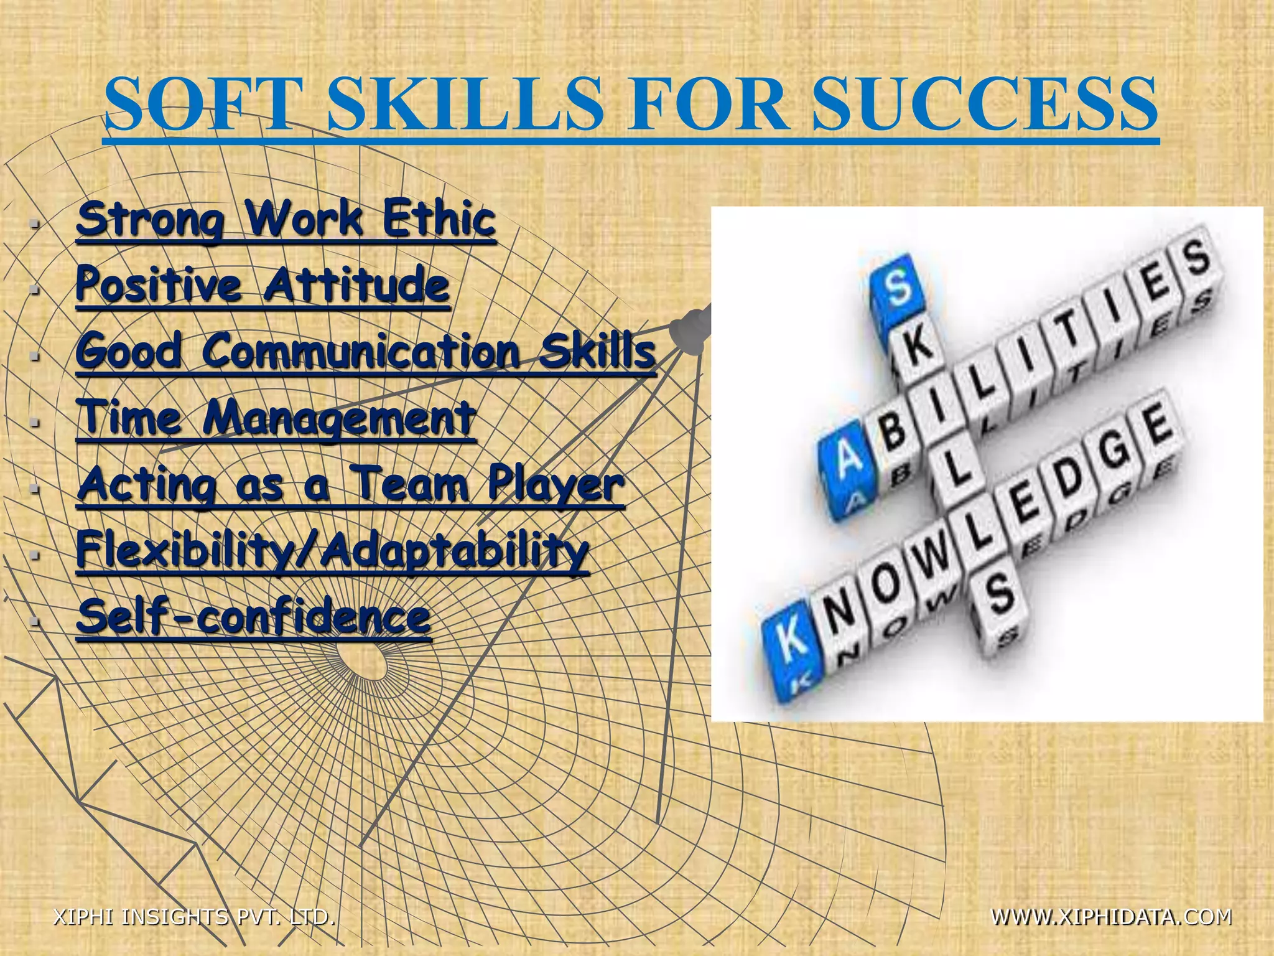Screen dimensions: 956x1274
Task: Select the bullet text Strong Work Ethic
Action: (286, 219)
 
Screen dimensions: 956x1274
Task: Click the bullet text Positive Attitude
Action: (263, 285)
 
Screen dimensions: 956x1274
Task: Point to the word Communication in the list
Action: (360, 351)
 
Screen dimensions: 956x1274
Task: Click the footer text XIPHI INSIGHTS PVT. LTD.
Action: (195, 917)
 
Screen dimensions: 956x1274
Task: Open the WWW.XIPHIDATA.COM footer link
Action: (1111, 917)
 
